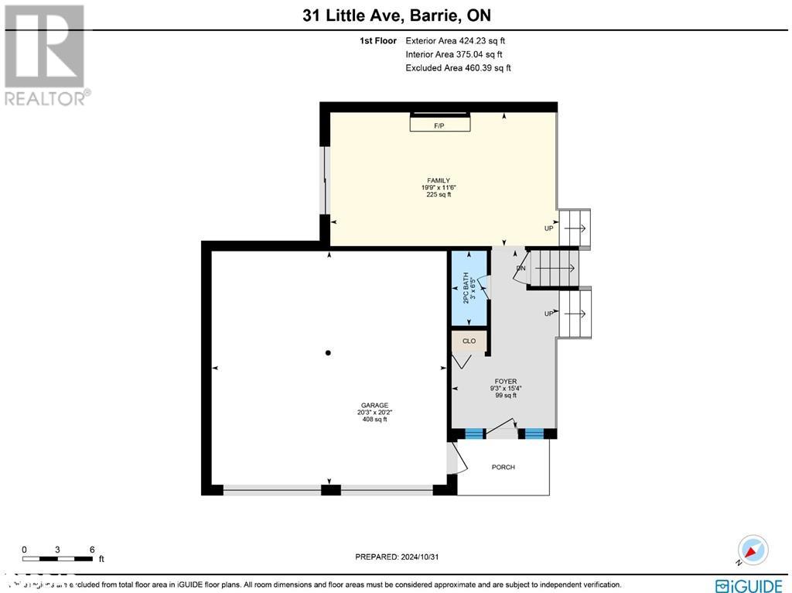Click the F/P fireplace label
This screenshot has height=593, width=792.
(x=439, y=125)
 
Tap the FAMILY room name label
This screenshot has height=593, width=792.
(x=439, y=180)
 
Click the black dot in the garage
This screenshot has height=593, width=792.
(x=329, y=353)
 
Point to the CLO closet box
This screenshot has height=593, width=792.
(x=469, y=341)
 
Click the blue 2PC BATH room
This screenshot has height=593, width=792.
(x=469, y=289)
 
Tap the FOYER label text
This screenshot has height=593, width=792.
(x=506, y=382)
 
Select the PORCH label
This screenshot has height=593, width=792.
(x=503, y=467)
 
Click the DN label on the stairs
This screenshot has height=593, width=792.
(x=521, y=268)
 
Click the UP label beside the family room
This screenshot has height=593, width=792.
(x=549, y=228)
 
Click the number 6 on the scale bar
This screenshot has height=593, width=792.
(x=92, y=550)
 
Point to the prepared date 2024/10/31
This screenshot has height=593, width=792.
(x=423, y=557)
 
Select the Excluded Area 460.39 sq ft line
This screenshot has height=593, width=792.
(x=458, y=68)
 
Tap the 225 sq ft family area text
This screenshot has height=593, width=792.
(x=439, y=195)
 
